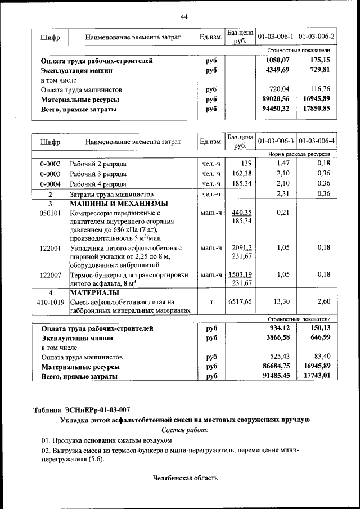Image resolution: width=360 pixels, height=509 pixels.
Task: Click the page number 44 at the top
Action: pyautogui.click(x=184, y=16)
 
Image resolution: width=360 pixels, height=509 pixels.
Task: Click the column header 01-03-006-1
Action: pyautogui.click(x=276, y=37)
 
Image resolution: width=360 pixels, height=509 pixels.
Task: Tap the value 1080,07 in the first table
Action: pyautogui.click(x=277, y=60)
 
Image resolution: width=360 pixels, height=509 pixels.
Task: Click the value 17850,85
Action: pyautogui.click(x=317, y=109)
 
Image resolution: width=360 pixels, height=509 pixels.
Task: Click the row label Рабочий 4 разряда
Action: pyautogui.click(x=98, y=183)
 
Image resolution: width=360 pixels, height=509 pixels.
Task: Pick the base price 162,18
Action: pyautogui.click(x=241, y=173)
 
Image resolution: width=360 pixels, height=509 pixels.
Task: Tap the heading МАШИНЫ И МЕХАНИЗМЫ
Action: pyautogui.click(x=112, y=204)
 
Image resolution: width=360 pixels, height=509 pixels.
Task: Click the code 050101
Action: pyautogui.click(x=50, y=213)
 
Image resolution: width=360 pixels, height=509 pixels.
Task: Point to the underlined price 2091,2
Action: pyautogui.click(x=241, y=247)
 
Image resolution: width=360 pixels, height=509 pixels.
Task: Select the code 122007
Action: pyautogui.click(x=50, y=275)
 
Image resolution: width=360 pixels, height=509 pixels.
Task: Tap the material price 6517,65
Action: pyautogui.click(x=241, y=302)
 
